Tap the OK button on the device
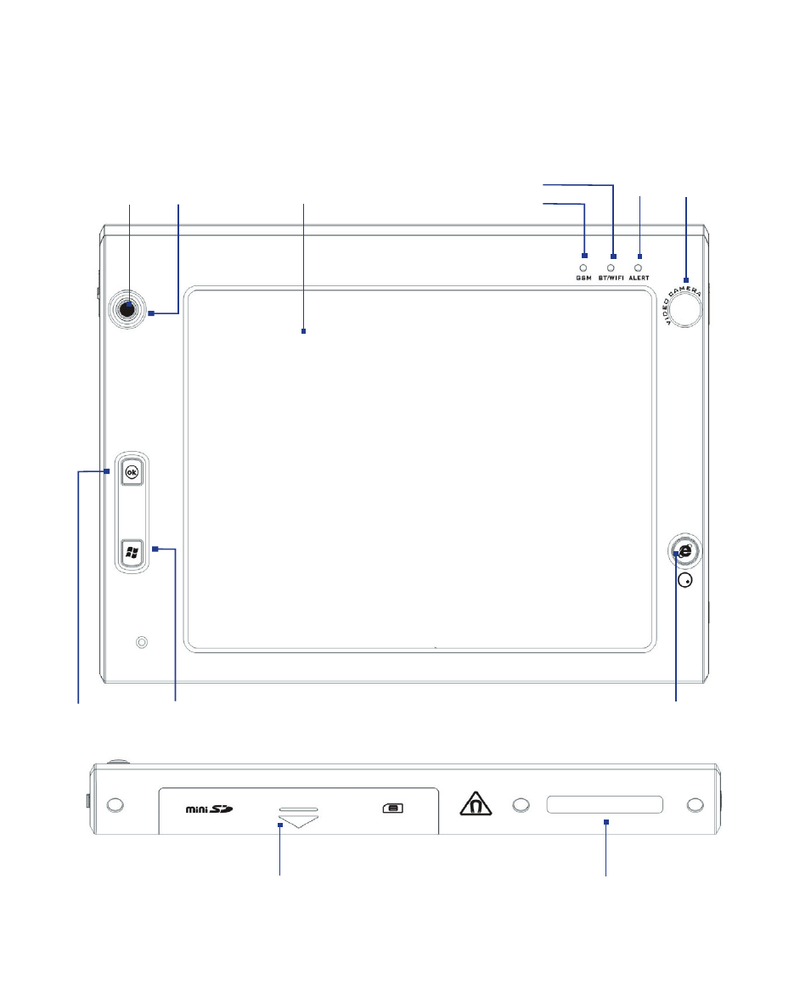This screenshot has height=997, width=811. click(x=132, y=472)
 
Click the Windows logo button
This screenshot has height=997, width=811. click(x=132, y=552)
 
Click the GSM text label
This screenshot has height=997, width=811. click(x=583, y=278)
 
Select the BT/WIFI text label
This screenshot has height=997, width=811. click(x=611, y=278)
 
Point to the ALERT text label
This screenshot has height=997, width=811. click(x=639, y=278)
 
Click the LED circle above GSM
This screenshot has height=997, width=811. click(x=583, y=268)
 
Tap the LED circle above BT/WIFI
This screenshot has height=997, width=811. click(x=611, y=268)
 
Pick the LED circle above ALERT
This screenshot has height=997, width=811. click(x=638, y=268)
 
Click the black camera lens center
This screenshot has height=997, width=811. click(x=127, y=309)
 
